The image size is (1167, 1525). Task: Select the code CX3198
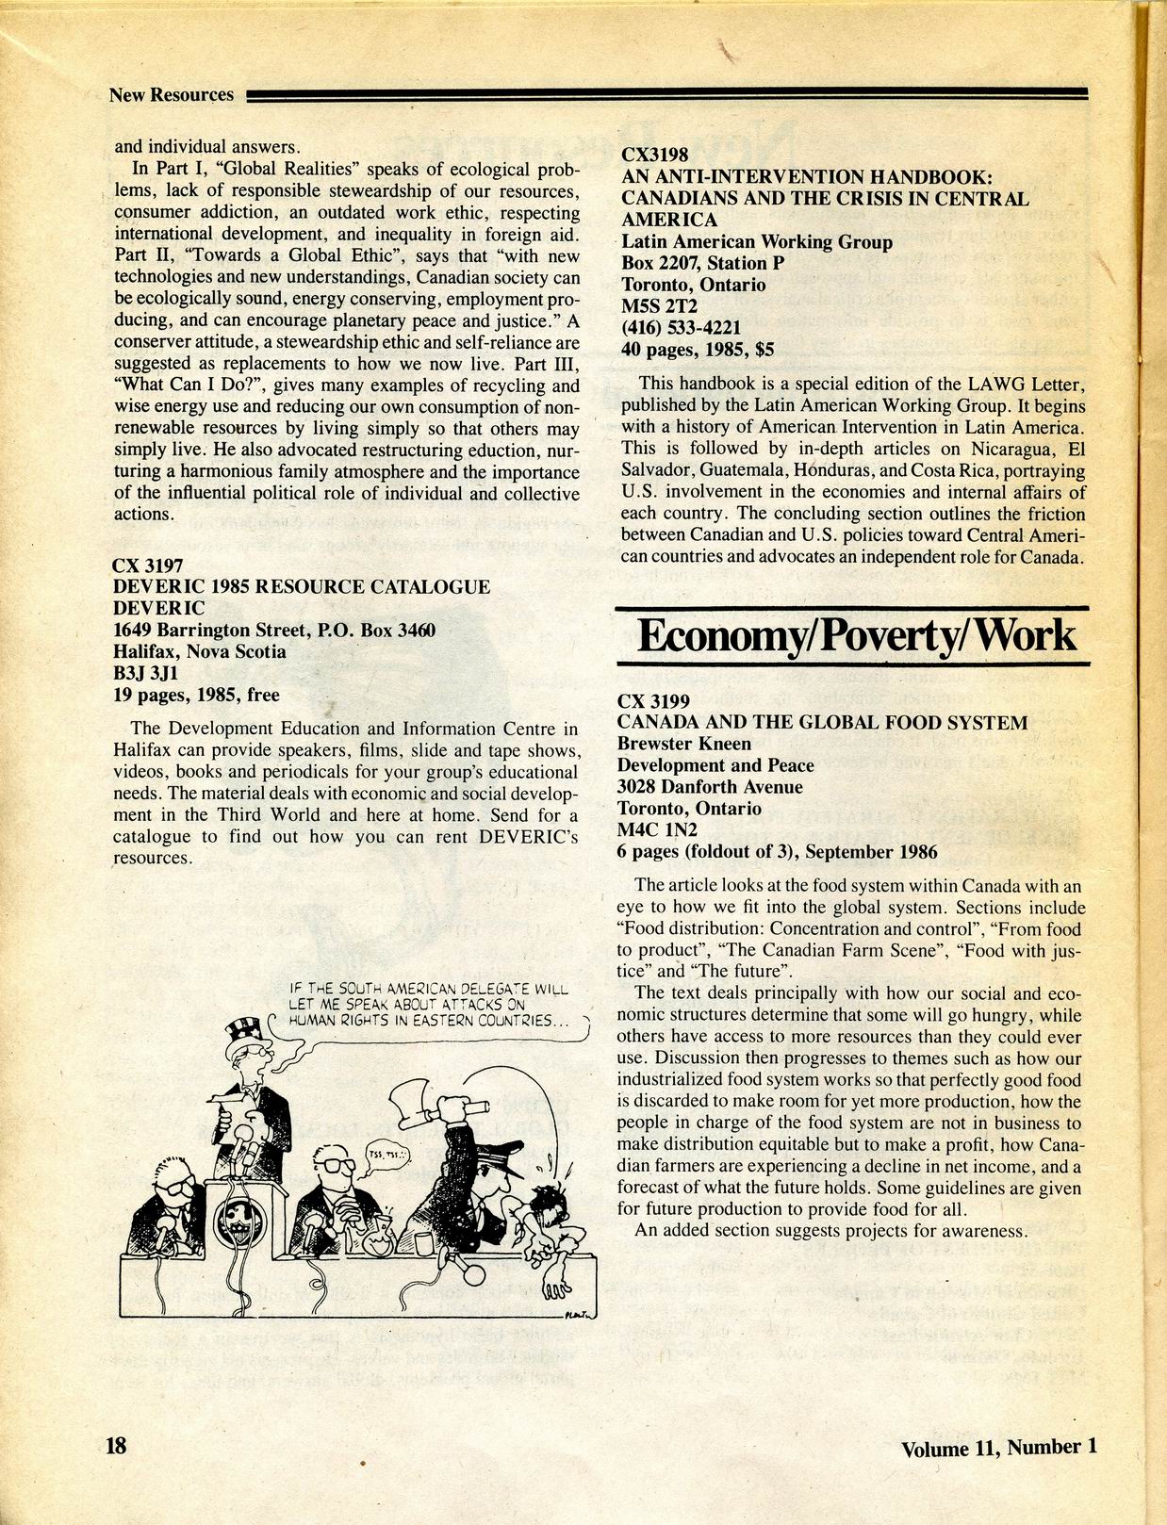click(x=655, y=156)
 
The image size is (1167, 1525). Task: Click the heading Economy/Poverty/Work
click(x=855, y=636)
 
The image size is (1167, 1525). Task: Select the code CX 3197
click(x=150, y=566)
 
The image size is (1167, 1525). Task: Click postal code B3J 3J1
click(x=145, y=673)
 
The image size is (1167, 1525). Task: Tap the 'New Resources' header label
click(x=171, y=94)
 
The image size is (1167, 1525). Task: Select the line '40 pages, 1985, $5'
click(x=698, y=349)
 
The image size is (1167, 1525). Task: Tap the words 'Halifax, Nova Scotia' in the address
click(x=199, y=651)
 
